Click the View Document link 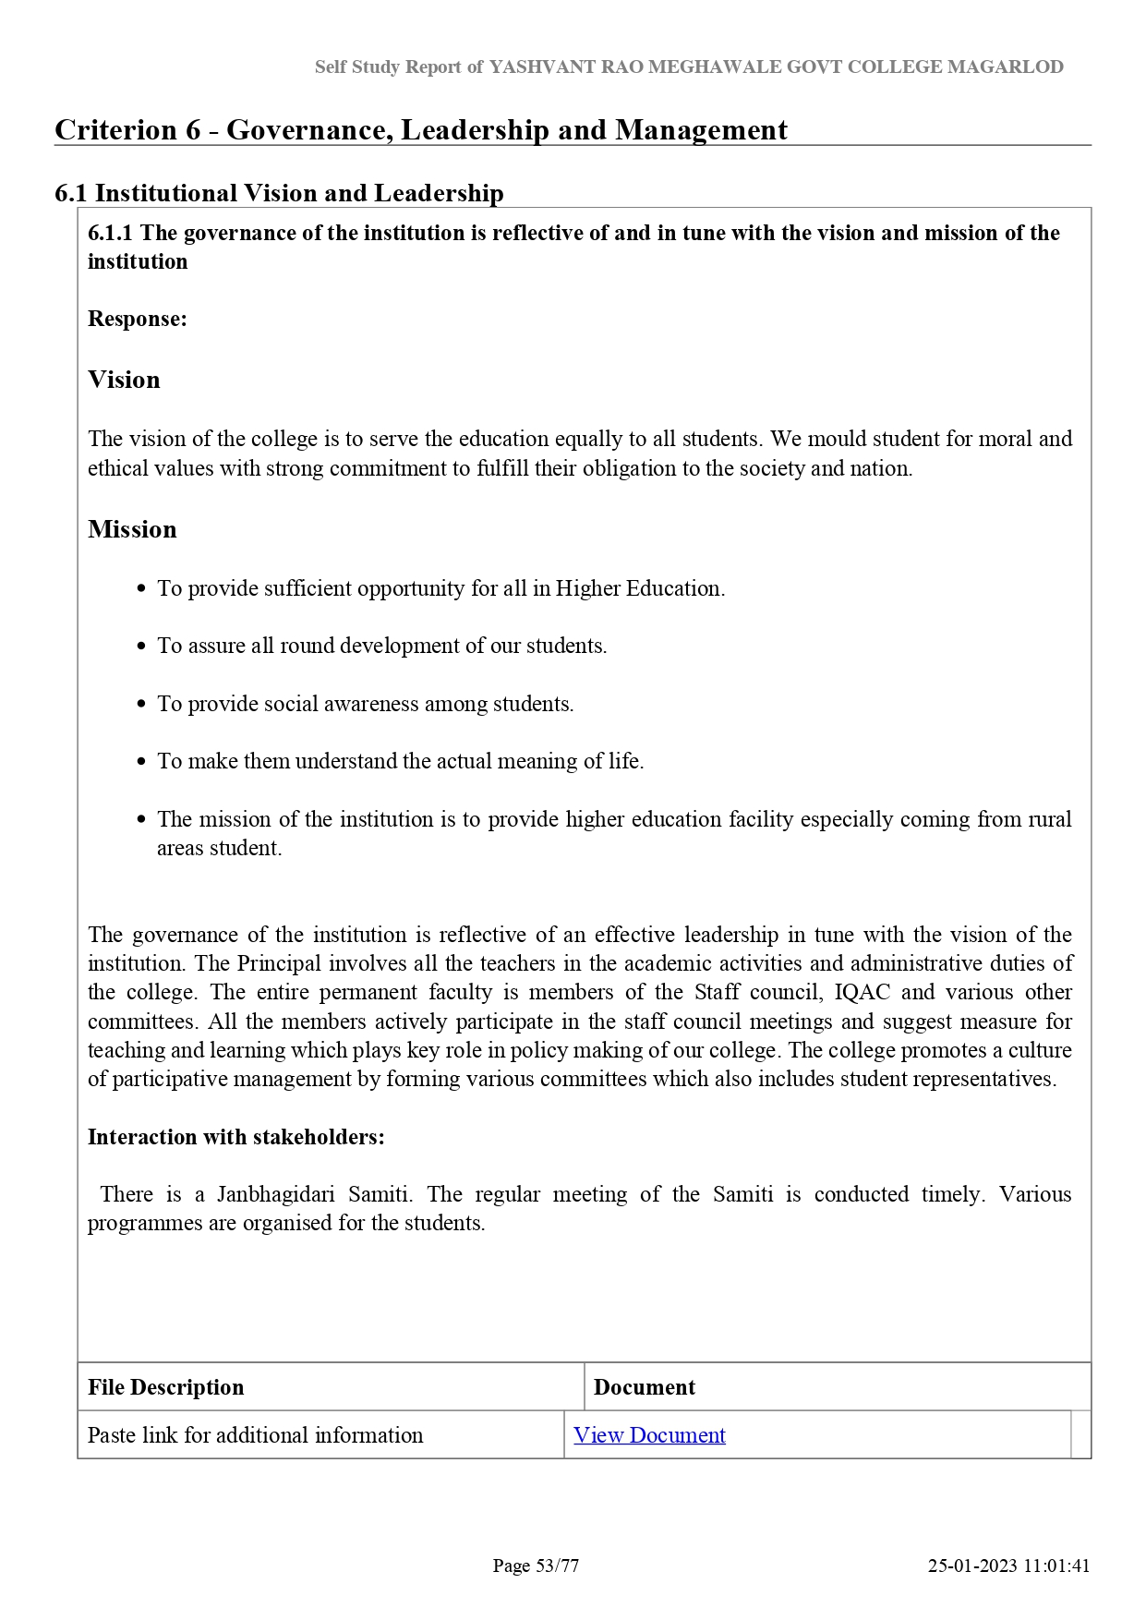pyautogui.click(x=649, y=1434)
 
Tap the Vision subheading pyautogui.click(x=124, y=380)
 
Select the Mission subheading pyautogui.click(x=132, y=529)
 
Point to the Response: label pyautogui.click(x=137, y=319)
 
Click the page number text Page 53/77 pyautogui.click(x=536, y=1566)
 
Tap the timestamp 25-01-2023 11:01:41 pyautogui.click(x=1008, y=1566)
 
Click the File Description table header pyautogui.click(x=165, y=1387)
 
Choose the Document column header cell pyautogui.click(x=645, y=1387)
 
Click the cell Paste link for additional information pyautogui.click(x=255, y=1434)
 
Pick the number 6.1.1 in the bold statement pyautogui.click(x=111, y=233)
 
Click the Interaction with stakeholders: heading pyautogui.click(x=235, y=1137)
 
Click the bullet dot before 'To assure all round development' pyautogui.click(x=141, y=647)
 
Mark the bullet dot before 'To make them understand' pyautogui.click(x=141, y=762)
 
